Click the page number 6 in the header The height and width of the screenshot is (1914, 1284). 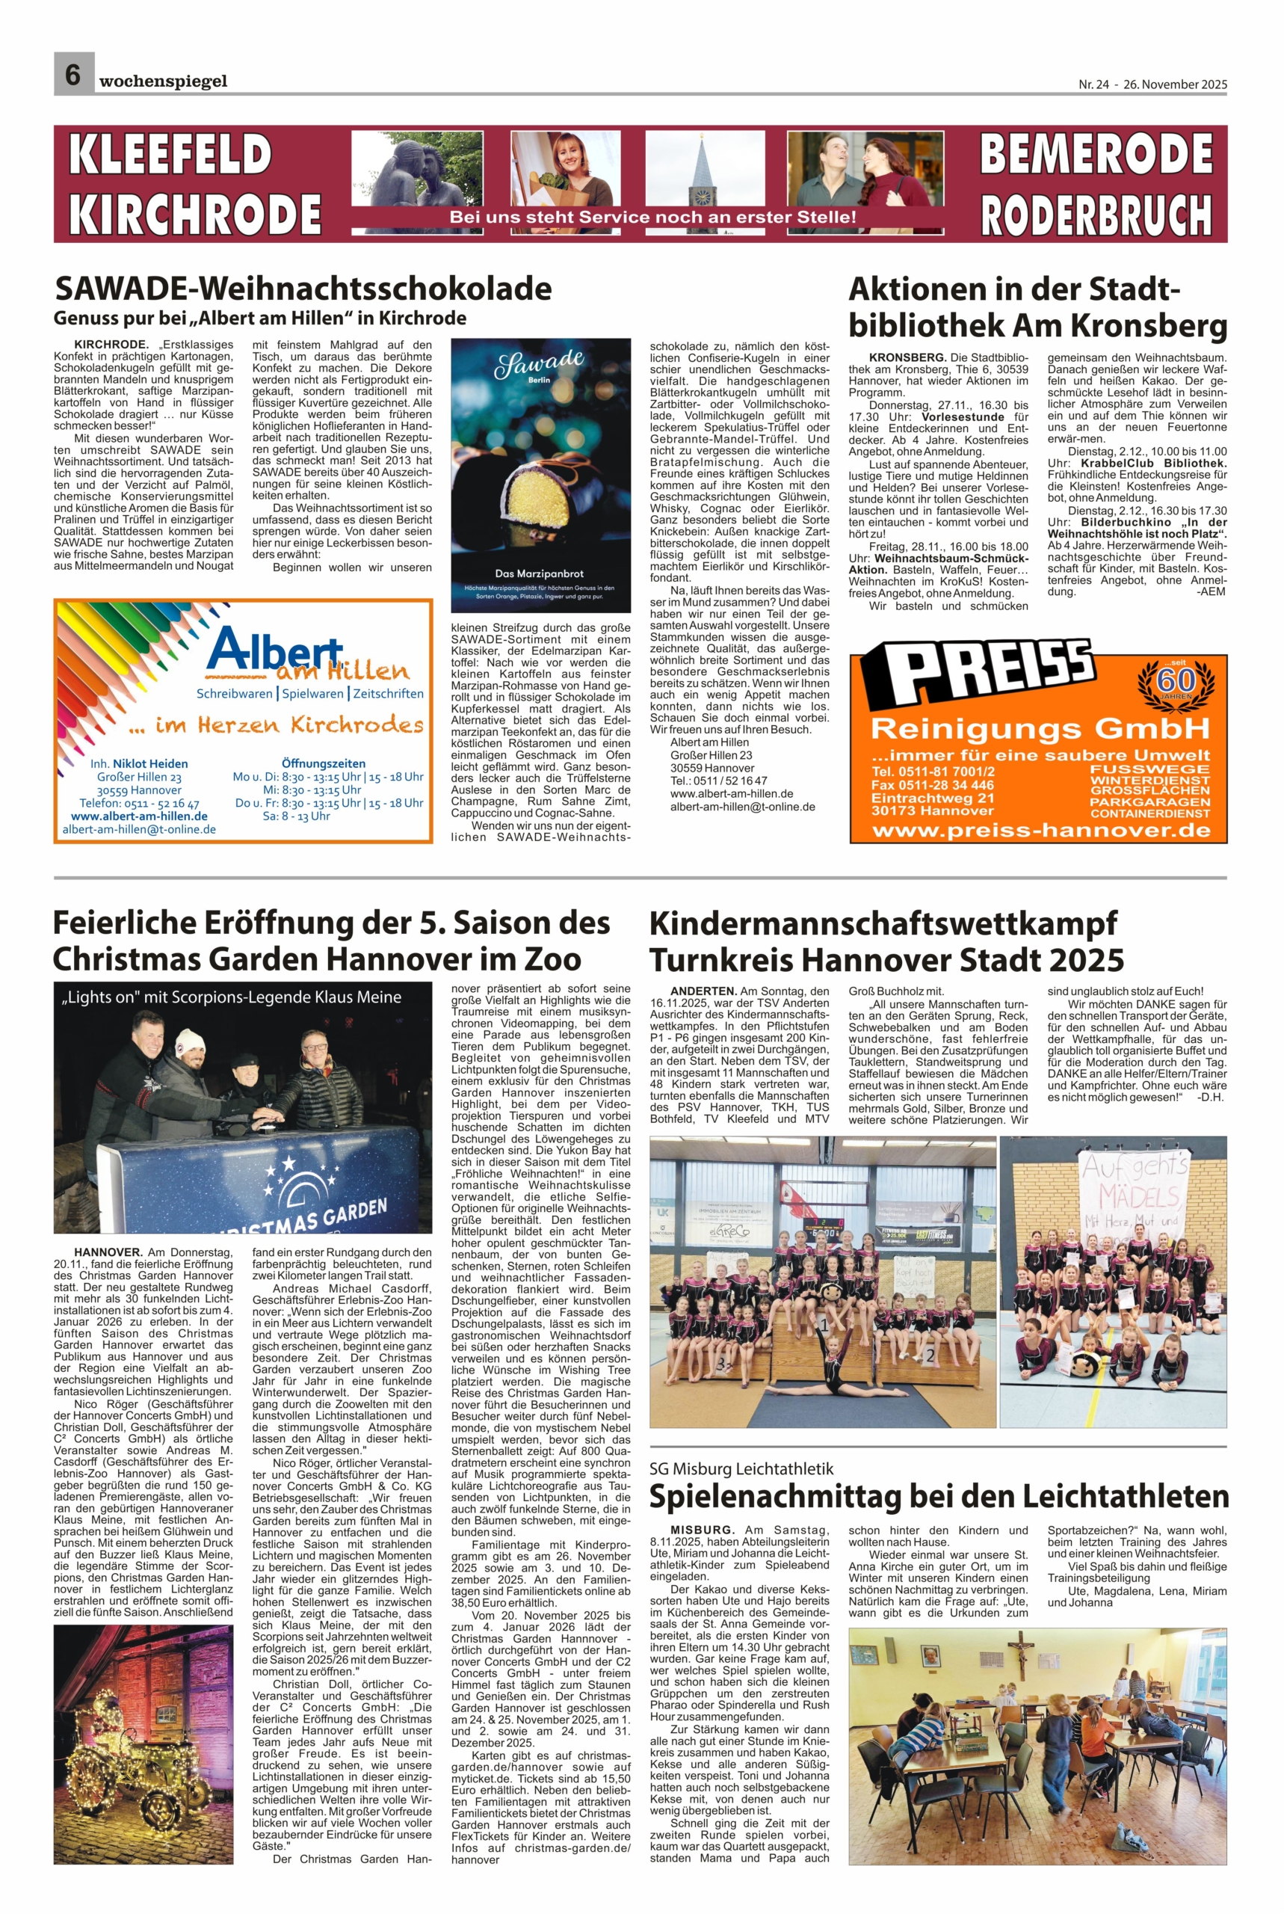pos(73,75)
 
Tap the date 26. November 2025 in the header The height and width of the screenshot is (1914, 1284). pos(1175,84)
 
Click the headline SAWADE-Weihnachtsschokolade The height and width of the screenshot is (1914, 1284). pos(303,289)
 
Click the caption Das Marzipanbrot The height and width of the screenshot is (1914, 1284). pos(540,573)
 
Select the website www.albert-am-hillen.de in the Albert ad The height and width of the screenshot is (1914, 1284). pos(139,816)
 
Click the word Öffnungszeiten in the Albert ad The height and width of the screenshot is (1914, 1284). pos(324,763)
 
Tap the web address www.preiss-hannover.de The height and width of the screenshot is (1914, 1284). pos(1041,831)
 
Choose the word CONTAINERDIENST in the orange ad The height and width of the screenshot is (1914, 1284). pos(1149,813)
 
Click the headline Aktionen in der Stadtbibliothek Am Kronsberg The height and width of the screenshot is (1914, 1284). pos(1037,307)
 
